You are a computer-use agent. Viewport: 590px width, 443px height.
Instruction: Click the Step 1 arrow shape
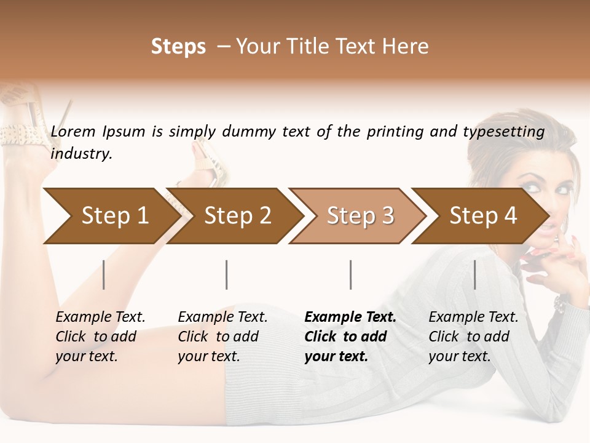click(108, 216)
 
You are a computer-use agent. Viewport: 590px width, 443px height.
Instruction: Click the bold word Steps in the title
click(178, 47)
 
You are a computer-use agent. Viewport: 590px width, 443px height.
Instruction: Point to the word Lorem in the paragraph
click(73, 131)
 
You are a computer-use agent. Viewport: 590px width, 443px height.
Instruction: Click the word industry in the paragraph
click(81, 154)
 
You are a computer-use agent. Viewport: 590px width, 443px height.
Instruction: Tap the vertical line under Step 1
click(104, 274)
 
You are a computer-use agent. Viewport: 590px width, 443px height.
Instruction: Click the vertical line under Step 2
click(227, 274)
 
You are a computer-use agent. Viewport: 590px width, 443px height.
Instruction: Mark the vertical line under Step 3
click(351, 274)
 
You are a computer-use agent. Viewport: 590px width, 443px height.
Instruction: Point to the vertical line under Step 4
click(475, 274)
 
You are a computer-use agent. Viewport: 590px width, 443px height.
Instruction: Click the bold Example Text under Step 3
click(350, 317)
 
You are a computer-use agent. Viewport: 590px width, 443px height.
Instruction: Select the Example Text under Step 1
click(100, 317)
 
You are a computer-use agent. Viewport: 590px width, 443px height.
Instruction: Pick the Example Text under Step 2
click(222, 317)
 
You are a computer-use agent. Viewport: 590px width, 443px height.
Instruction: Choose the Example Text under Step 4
click(473, 317)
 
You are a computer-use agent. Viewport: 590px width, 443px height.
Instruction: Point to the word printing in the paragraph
click(395, 131)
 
